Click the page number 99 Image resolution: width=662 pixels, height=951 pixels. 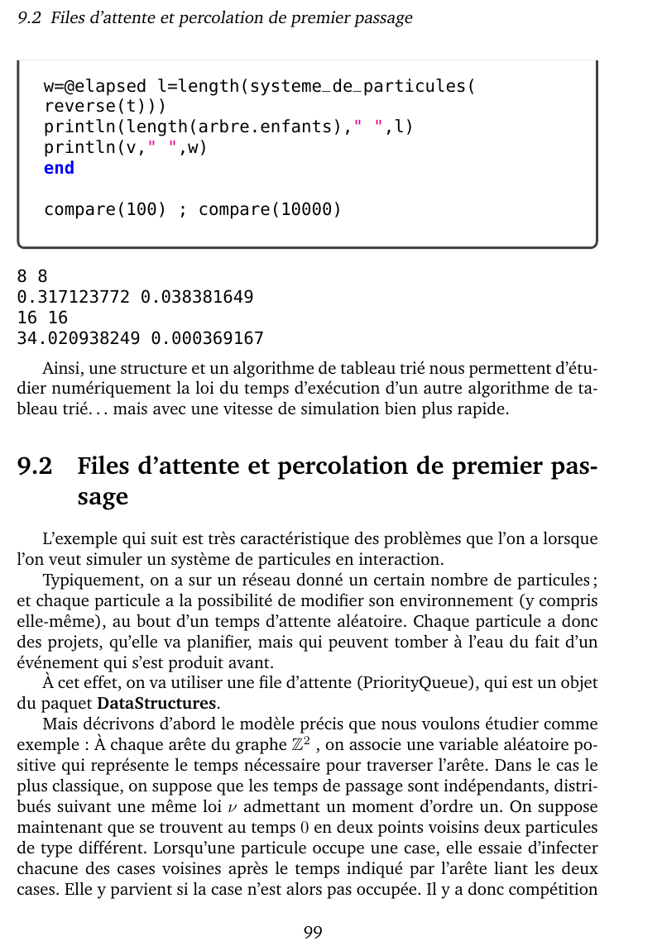click(x=313, y=932)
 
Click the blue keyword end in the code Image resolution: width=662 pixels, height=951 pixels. click(x=59, y=168)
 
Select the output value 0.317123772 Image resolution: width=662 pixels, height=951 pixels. click(x=74, y=297)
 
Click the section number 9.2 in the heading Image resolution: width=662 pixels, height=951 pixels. click(x=35, y=466)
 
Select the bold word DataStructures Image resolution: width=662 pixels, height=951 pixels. click(x=157, y=705)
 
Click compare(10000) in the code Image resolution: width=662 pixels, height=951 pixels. click(x=270, y=209)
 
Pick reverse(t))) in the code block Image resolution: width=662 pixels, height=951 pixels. click(x=105, y=107)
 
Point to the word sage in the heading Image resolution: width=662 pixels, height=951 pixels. click(x=103, y=497)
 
